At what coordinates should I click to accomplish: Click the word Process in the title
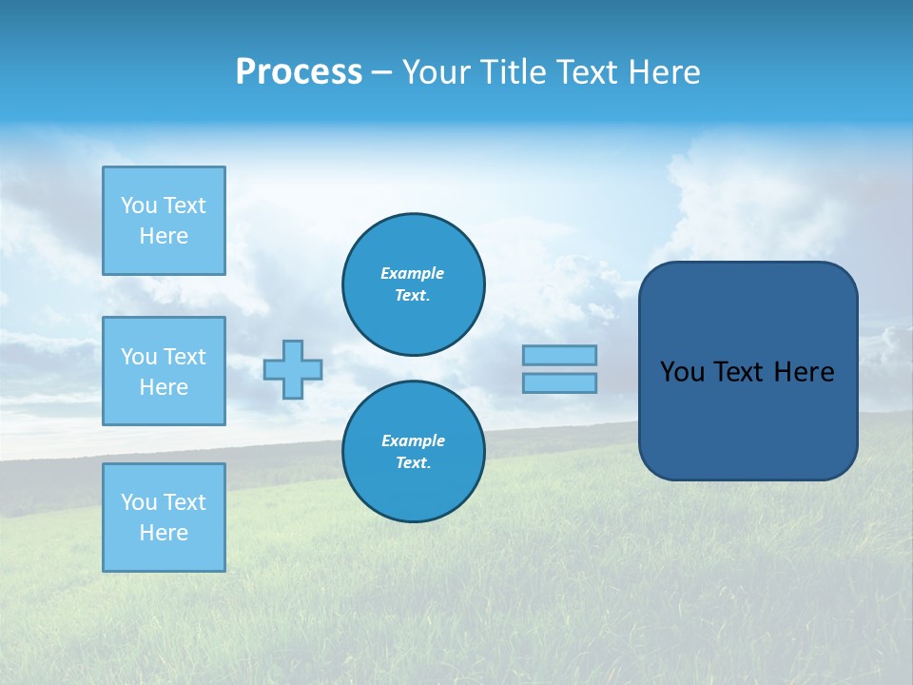coord(299,72)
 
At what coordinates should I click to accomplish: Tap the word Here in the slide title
coord(662,72)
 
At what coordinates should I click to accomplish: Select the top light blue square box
coord(164,221)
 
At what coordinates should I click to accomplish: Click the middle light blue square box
coord(164,371)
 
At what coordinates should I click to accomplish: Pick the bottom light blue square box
coord(164,518)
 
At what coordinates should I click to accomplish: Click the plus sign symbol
coord(293,369)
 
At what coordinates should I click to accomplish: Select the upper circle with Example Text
coord(414,284)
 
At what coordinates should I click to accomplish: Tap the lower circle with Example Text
coord(414,452)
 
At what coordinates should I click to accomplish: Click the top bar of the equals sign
coord(560,355)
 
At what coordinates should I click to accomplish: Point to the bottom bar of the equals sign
coord(560,382)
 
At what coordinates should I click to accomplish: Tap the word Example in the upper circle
coord(413,273)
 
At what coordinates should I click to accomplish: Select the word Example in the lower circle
coord(413,440)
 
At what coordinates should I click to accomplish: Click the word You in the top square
coord(139,205)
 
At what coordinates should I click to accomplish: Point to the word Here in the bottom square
coord(164,533)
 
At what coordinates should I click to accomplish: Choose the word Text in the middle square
coord(185,357)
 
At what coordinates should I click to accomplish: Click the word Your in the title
coord(437,72)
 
